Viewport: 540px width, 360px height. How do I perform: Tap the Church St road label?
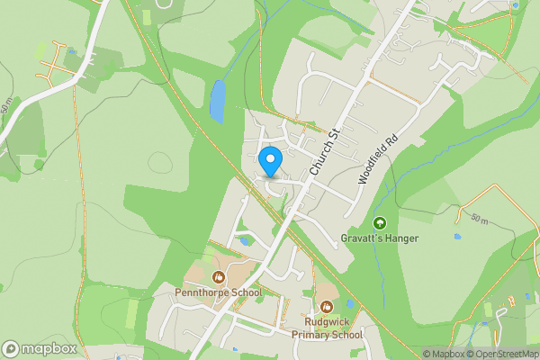(324, 152)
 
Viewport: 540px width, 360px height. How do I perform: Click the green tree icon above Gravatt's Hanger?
(379, 223)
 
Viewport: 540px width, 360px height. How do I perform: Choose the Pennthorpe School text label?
(219, 292)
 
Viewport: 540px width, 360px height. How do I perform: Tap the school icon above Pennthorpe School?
(218, 276)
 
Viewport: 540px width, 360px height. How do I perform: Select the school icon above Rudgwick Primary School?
(326, 305)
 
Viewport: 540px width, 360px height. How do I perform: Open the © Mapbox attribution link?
(443, 354)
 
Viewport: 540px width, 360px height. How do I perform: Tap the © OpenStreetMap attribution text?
(500, 354)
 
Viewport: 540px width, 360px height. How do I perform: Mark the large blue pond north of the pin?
(217, 102)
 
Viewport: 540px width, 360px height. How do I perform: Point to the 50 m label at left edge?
(7, 107)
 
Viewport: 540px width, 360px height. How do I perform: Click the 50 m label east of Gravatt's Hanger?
(479, 219)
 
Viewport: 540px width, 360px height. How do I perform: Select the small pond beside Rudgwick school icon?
(351, 304)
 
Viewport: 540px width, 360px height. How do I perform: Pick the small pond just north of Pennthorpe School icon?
(244, 240)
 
